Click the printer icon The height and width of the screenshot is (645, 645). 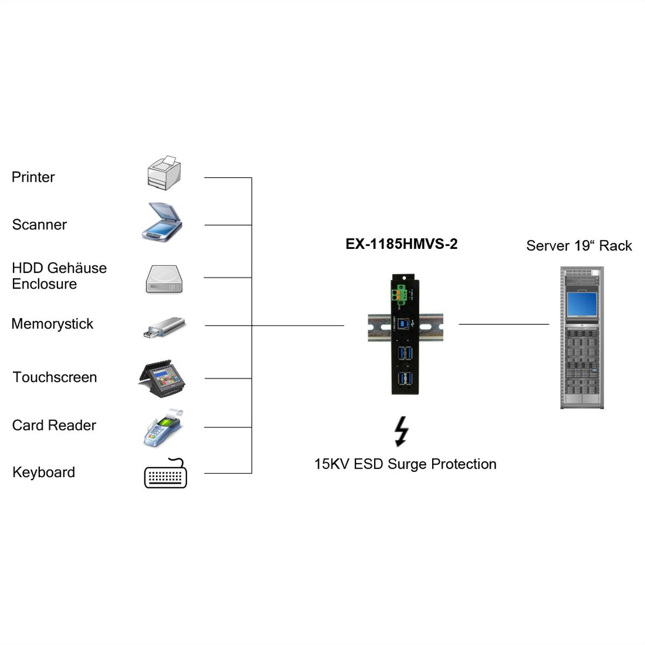(x=164, y=173)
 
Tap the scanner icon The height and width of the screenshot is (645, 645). (x=162, y=221)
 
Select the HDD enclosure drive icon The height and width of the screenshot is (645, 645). (x=164, y=279)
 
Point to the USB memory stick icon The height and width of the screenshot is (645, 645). (x=164, y=327)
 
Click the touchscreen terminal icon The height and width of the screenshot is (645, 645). (x=162, y=378)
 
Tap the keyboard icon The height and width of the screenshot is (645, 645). (x=166, y=474)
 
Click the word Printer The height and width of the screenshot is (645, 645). (x=33, y=177)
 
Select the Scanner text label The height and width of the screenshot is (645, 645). (x=39, y=225)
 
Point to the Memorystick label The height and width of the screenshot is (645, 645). (x=52, y=324)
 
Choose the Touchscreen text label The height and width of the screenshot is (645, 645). (x=55, y=377)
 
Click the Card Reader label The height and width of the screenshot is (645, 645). (x=54, y=425)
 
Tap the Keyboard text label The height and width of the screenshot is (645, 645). (x=44, y=472)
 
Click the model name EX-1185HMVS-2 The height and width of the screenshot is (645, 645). (x=402, y=245)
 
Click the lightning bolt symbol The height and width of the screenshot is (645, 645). (x=401, y=431)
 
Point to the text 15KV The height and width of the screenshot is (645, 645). (x=332, y=464)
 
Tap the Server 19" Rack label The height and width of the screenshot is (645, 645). (x=579, y=246)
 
